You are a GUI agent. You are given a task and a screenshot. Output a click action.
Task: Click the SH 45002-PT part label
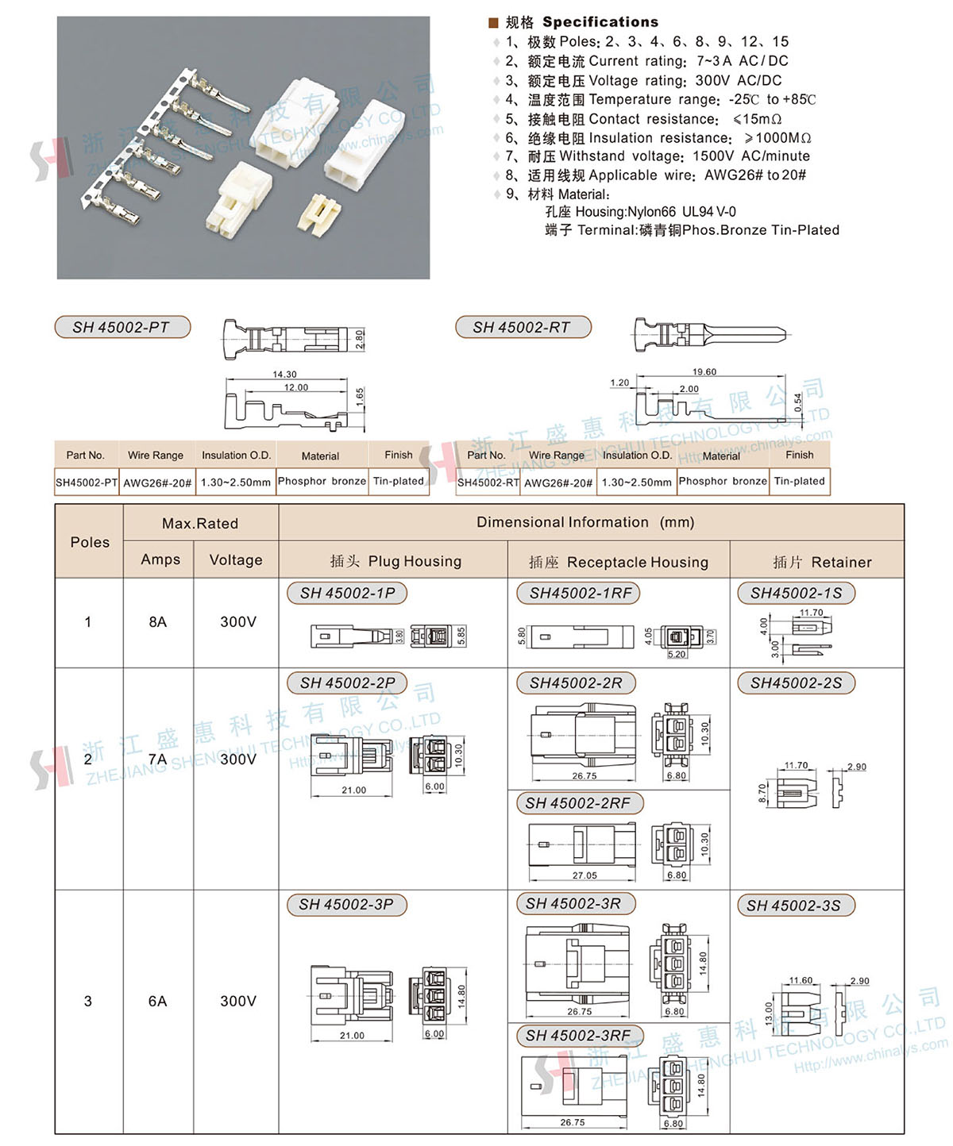click(x=122, y=327)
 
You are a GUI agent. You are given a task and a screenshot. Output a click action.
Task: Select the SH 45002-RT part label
click(x=522, y=327)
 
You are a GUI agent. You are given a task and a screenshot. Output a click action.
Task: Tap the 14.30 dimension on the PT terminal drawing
click(x=284, y=374)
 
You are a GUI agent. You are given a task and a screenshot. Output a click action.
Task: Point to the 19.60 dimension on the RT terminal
click(x=704, y=371)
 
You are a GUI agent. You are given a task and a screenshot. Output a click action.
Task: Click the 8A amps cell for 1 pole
click(x=157, y=621)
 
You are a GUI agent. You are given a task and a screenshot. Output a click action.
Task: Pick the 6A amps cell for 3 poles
click(x=157, y=1001)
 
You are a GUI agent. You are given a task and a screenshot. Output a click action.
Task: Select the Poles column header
click(x=90, y=542)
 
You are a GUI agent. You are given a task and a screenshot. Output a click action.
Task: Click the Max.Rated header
click(x=200, y=523)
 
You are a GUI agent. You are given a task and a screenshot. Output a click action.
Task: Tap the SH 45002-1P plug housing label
click(x=347, y=593)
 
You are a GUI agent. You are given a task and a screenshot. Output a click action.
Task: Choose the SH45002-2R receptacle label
click(x=576, y=683)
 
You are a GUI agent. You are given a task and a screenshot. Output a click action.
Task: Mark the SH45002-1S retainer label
click(x=796, y=593)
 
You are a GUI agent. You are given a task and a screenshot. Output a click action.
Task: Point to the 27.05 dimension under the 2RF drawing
click(x=585, y=875)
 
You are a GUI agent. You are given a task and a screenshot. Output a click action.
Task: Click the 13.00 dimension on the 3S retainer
click(x=768, y=1013)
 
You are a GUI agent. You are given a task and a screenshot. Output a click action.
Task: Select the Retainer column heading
click(x=822, y=562)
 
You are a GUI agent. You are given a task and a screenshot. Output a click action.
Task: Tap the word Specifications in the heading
click(x=600, y=21)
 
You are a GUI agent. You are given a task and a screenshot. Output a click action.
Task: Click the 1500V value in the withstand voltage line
click(x=712, y=156)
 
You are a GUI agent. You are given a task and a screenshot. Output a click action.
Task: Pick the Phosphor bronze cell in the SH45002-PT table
click(x=322, y=481)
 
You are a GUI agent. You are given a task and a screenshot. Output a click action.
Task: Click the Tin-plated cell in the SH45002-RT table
click(x=799, y=481)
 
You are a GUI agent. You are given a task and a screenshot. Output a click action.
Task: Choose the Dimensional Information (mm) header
click(x=585, y=522)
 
